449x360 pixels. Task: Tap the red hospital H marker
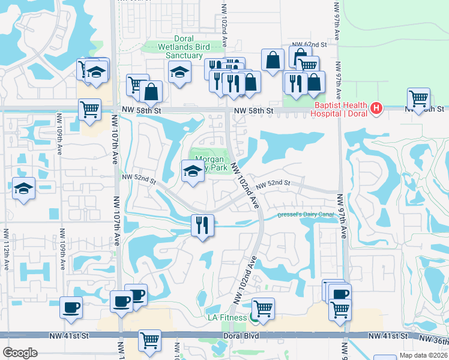click(x=376, y=109)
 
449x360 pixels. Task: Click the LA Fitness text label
click(x=228, y=317)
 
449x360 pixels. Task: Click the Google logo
click(x=19, y=353)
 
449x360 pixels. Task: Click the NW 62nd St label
click(x=309, y=44)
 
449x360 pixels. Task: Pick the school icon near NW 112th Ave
click(x=24, y=188)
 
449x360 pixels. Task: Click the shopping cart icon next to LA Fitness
click(x=263, y=308)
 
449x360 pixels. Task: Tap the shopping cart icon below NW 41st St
click(x=149, y=340)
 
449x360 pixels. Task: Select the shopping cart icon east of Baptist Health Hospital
click(x=418, y=98)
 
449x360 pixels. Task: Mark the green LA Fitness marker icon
click(x=255, y=317)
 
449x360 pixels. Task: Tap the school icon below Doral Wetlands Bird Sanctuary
click(x=179, y=72)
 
